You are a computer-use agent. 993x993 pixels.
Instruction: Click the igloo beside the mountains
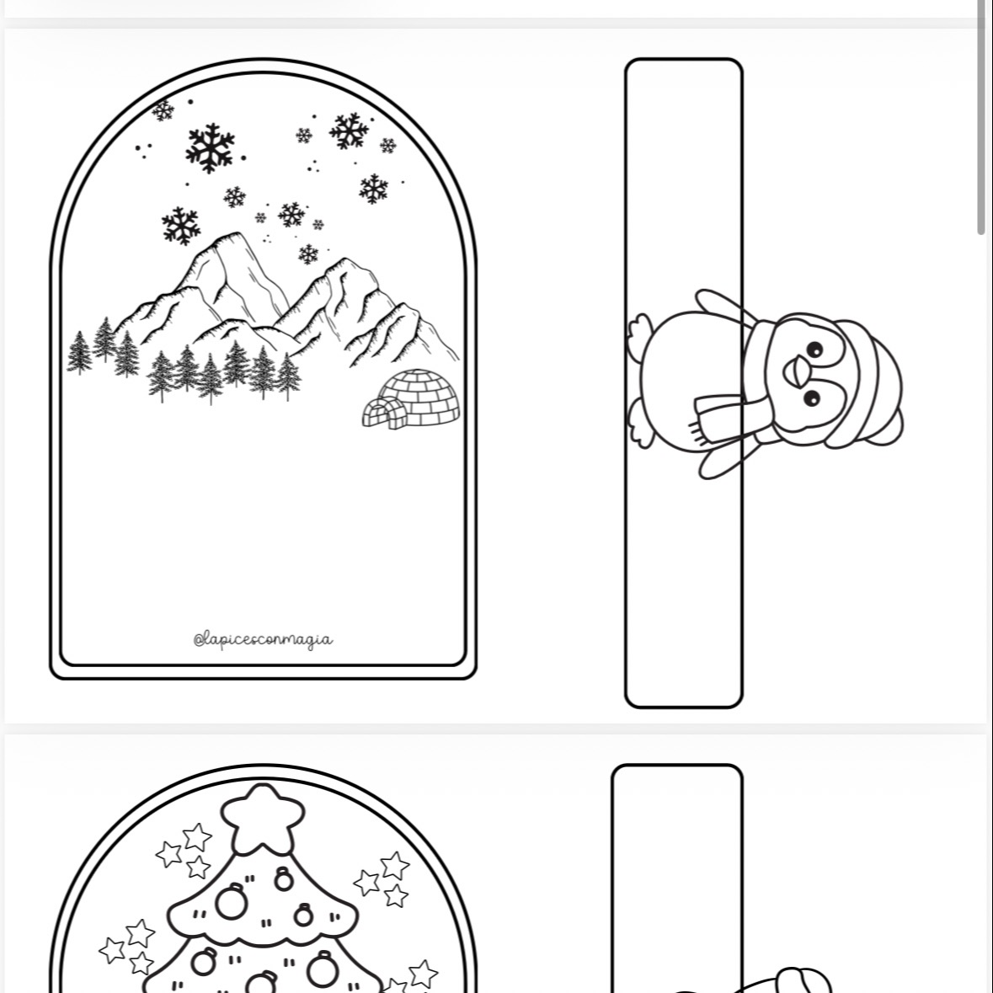(x=412, y=399)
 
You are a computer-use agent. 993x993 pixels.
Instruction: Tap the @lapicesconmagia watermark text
(x=263, y=639)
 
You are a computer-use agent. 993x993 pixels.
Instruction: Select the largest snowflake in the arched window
(x=211, y=147)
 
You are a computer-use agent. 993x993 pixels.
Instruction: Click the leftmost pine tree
(x=79, y=353)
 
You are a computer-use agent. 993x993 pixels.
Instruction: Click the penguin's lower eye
(x=812, y=398)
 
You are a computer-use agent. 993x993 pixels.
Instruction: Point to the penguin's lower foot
(x=641, y=424)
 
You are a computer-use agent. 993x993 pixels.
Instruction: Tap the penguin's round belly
(x=691, y=380)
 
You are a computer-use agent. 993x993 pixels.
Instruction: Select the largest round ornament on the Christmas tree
(x=231, y=902)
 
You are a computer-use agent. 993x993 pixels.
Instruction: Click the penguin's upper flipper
(x=725, y=307)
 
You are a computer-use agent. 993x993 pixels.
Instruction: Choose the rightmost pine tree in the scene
(x=289, y=376)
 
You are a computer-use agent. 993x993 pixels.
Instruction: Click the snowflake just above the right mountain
(x=308, y=254)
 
